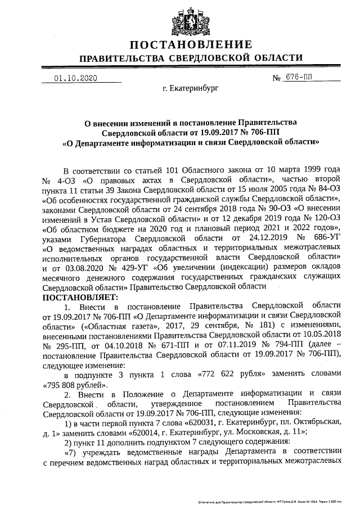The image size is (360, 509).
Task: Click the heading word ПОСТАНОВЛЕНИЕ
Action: point(190,44)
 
